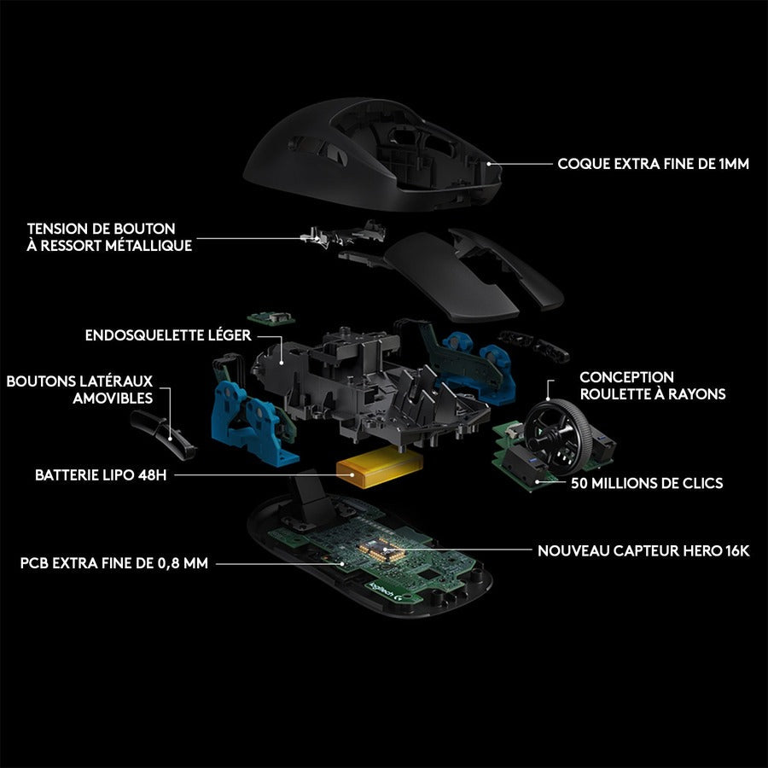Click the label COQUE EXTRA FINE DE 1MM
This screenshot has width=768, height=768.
tap(653, 163)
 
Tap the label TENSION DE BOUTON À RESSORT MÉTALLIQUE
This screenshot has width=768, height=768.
tap(109, 237)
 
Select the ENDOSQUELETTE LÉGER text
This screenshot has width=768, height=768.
tap(168, 335)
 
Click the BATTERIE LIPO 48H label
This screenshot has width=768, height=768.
tap(100, 474)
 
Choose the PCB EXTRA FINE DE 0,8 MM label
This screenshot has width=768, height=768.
tap(113, 563)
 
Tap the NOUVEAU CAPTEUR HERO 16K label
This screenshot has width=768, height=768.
tap(643, 551)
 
